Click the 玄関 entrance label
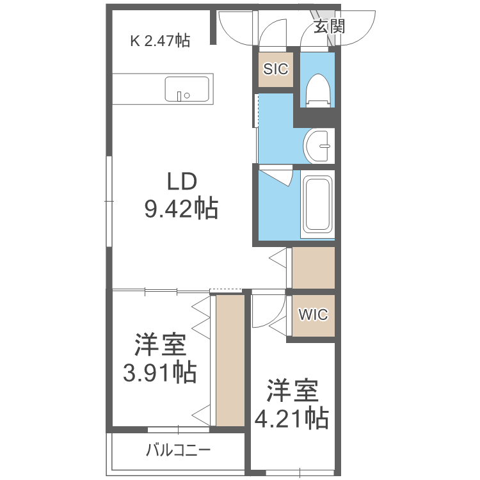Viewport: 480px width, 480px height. click(330, 26)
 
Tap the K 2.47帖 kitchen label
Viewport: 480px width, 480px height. click(160, 41)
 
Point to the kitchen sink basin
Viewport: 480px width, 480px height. click(188, 89)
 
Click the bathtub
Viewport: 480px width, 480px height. click(317, 204)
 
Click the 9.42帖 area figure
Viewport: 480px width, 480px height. click(181, 209)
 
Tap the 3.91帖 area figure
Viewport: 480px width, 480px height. click(159, 372)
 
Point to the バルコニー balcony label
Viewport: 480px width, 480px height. click(178, 451)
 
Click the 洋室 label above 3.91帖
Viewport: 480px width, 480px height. click(159, 346)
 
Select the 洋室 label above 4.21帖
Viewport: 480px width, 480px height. click(292, 391)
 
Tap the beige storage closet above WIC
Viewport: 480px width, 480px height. click(314, 268)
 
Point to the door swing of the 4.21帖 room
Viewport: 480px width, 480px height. click(266, 310)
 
